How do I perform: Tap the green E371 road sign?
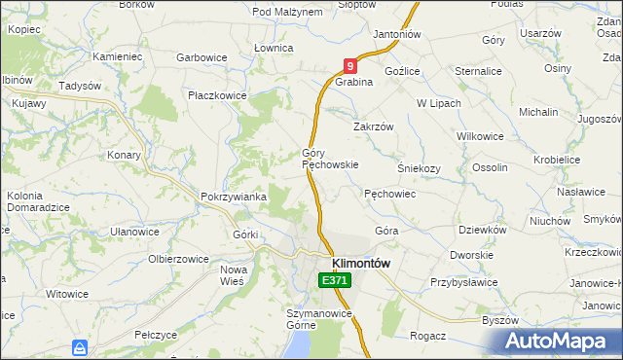click(x=334, y=280)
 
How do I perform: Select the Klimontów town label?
click(x=361, y=263)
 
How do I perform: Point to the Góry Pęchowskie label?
click(x=329, y=160)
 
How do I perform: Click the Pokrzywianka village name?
click(x=234, y=197)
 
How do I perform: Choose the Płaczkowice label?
click(x=218, y=95)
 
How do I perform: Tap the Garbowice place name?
click(x=202, y=57)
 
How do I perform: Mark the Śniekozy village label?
click(x=420, y=167)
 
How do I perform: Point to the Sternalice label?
click(x=477, y=71)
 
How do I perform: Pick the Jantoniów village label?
click(x=395, y=34)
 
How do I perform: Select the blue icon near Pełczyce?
click(x=80, y=346)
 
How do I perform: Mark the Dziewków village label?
click(x=483, y=231)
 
